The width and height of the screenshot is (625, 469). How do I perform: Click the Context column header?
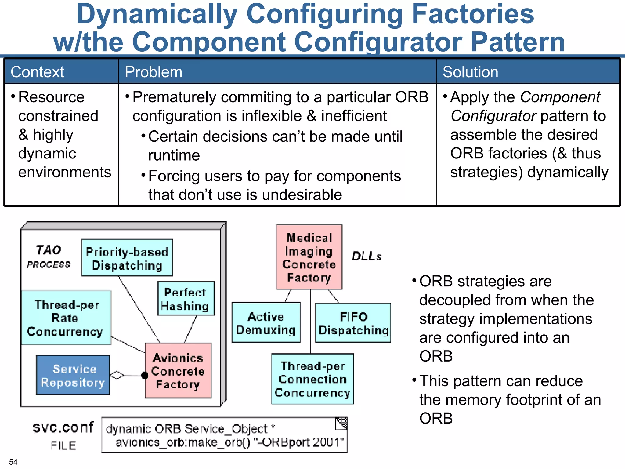[x=37, y=72]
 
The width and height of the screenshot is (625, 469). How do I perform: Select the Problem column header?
[x=153, y=72]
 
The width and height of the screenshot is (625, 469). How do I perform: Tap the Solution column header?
[x=470, y=72]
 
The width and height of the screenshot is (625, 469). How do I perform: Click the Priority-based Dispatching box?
[x=127, y=258]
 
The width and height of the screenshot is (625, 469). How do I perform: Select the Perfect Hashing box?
[x=186, y=299]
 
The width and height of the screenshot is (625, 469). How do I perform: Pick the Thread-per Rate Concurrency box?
[x=66, y=318]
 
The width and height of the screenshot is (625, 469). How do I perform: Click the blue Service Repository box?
[x=73, y=375]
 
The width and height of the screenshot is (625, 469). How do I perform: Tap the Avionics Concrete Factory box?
[x=178, y=371]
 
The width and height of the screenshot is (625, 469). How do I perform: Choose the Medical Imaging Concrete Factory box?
[x=309, y=257]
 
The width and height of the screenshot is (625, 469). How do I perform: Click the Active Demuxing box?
[x=266, y=323]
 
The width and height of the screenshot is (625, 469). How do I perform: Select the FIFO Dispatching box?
[x=353, y=323]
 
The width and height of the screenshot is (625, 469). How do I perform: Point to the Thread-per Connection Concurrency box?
[x=312, y=379]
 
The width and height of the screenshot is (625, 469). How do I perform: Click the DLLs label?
[x=367, y=256]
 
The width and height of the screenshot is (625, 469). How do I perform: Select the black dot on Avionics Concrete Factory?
[x=145, y=376]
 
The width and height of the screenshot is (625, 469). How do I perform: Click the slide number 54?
[x=13, y=462]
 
